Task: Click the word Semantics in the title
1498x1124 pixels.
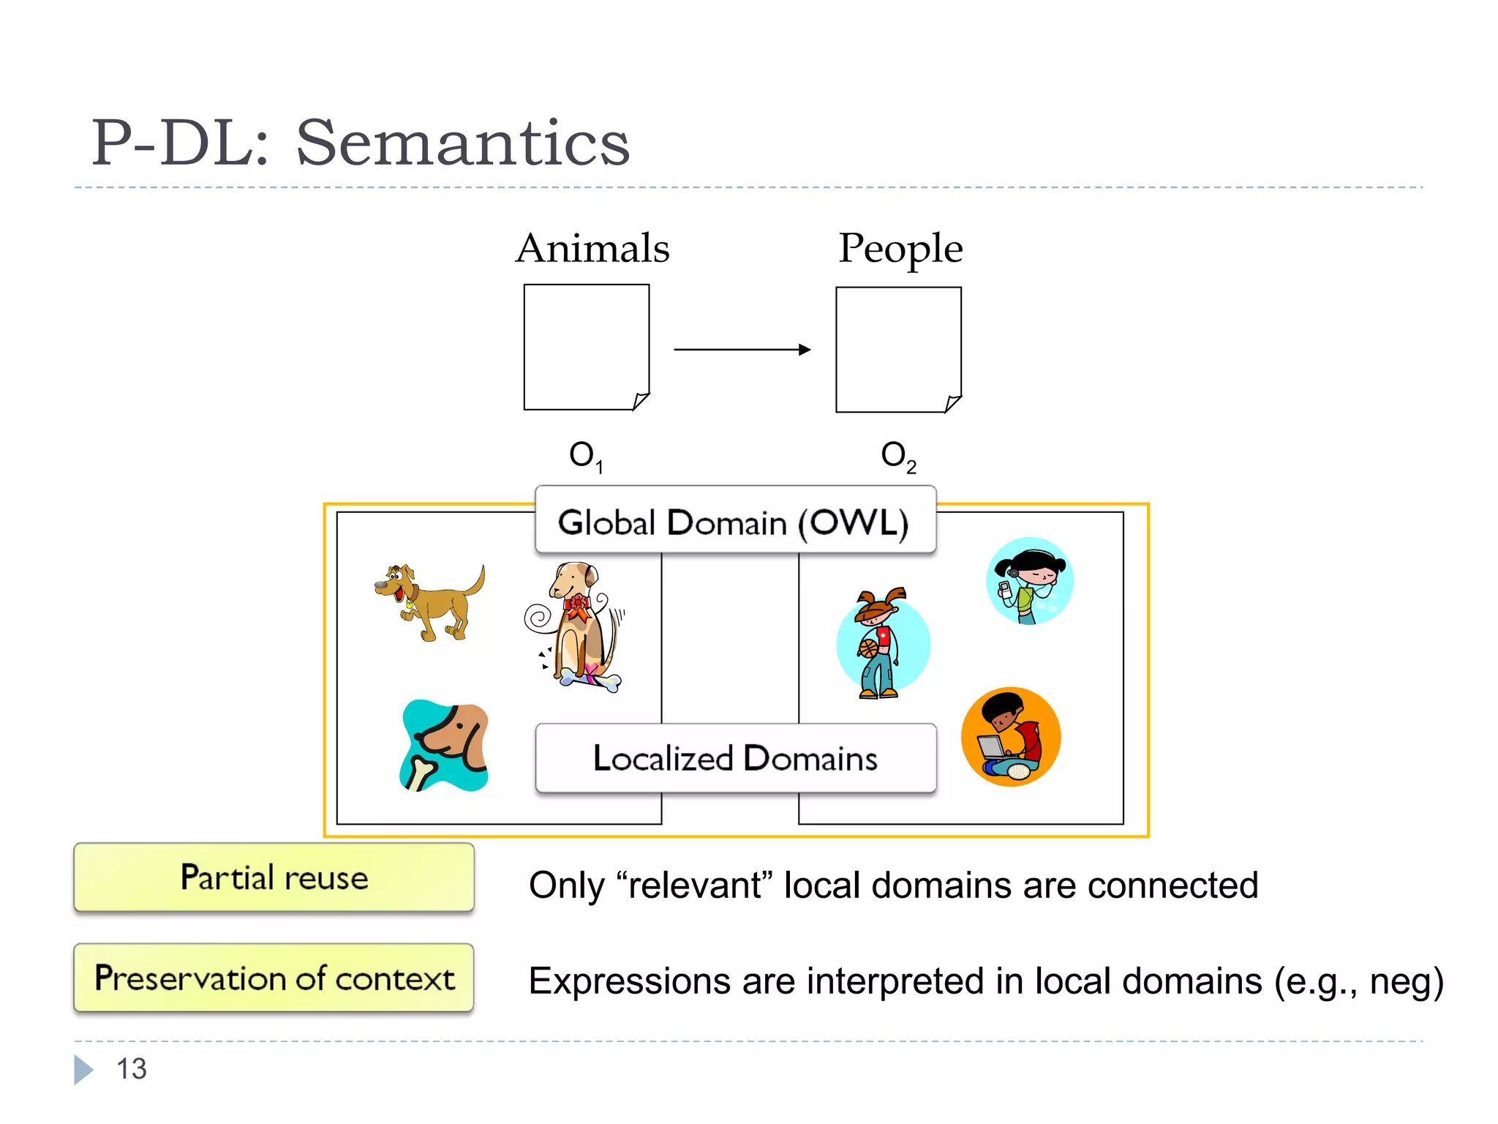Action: pyautogui.click(x=462, y=143)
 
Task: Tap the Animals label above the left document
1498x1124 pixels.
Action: pyautogui.click(x=592, y=248)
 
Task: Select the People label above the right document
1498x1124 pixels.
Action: pyautogui.click(x=900, y=248)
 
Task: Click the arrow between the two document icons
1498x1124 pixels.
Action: pyautogui.click(x=742, y=350)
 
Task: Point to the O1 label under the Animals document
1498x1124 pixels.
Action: pyautogui.click(x=586, y=456)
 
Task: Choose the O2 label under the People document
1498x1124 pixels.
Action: pyautogui.click(x=898, y=456)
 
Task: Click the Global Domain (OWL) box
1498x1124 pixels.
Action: pyautogui.click(x=734, y=522)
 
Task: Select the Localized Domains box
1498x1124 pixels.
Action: pyautogui.click(x=735, y=758)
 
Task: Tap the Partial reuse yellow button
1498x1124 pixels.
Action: pyautogui.click(x=274, y=877)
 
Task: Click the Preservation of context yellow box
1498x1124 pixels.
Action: pyautogui.click(x=274, y=978)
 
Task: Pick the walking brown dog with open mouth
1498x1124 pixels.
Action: pyautogui.click(x=430, y=600)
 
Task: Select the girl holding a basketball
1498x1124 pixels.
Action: pyautogui.click(x=881, y=644)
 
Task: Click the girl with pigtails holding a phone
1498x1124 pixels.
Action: pyautogui.click(x=1029, y=581)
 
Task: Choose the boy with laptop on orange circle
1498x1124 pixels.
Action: pyautogui.click(x=1011, y=737)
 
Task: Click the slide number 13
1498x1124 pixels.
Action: pyautogui.click(x=132, y=1069)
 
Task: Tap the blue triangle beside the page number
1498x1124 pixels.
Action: pyautogui.click(x=83, y=1069)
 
